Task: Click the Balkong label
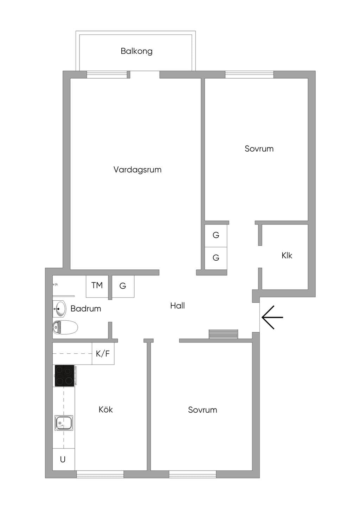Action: coord(136,51)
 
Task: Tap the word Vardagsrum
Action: coord(137,170)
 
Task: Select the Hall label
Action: coord(178,306)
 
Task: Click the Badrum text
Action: coord(86,308)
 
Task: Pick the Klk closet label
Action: coord(287,255)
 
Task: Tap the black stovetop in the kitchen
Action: coord(65,376)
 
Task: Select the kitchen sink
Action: coord(64,423)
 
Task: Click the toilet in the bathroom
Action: coord(65,327)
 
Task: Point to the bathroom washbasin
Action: coord(59,309)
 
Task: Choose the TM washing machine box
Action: coord(97,286)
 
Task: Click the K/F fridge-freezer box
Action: coord(103,354)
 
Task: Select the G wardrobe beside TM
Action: coord(123,286)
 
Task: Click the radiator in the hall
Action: coord(223,334)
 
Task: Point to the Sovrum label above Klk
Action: coord(259,149)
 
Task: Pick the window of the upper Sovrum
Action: coord(249,74)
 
